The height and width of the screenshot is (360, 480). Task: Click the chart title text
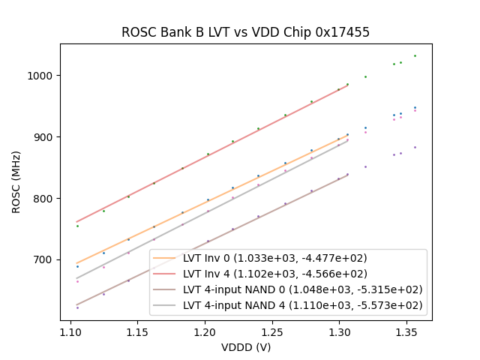click(245, 32)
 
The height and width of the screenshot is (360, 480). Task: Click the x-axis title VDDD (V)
click(245, 347)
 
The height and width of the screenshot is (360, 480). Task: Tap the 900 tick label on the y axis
click(44, 137)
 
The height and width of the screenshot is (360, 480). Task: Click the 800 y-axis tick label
click(44, 199)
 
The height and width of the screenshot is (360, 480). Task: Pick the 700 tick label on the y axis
click(44, 260)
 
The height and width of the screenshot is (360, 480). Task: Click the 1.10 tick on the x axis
click(70, 331)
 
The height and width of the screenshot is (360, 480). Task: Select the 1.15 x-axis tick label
click(137, 331)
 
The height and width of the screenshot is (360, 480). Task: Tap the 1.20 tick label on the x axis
click(205, 331)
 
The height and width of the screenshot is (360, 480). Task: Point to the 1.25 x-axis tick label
click(271, 331)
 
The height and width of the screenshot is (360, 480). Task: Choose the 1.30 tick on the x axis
click(339, 331)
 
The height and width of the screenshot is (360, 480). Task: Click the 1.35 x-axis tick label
click(406, 331)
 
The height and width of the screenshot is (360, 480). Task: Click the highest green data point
click(415, 55)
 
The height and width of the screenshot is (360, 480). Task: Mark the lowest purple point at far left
click(77, 307)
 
